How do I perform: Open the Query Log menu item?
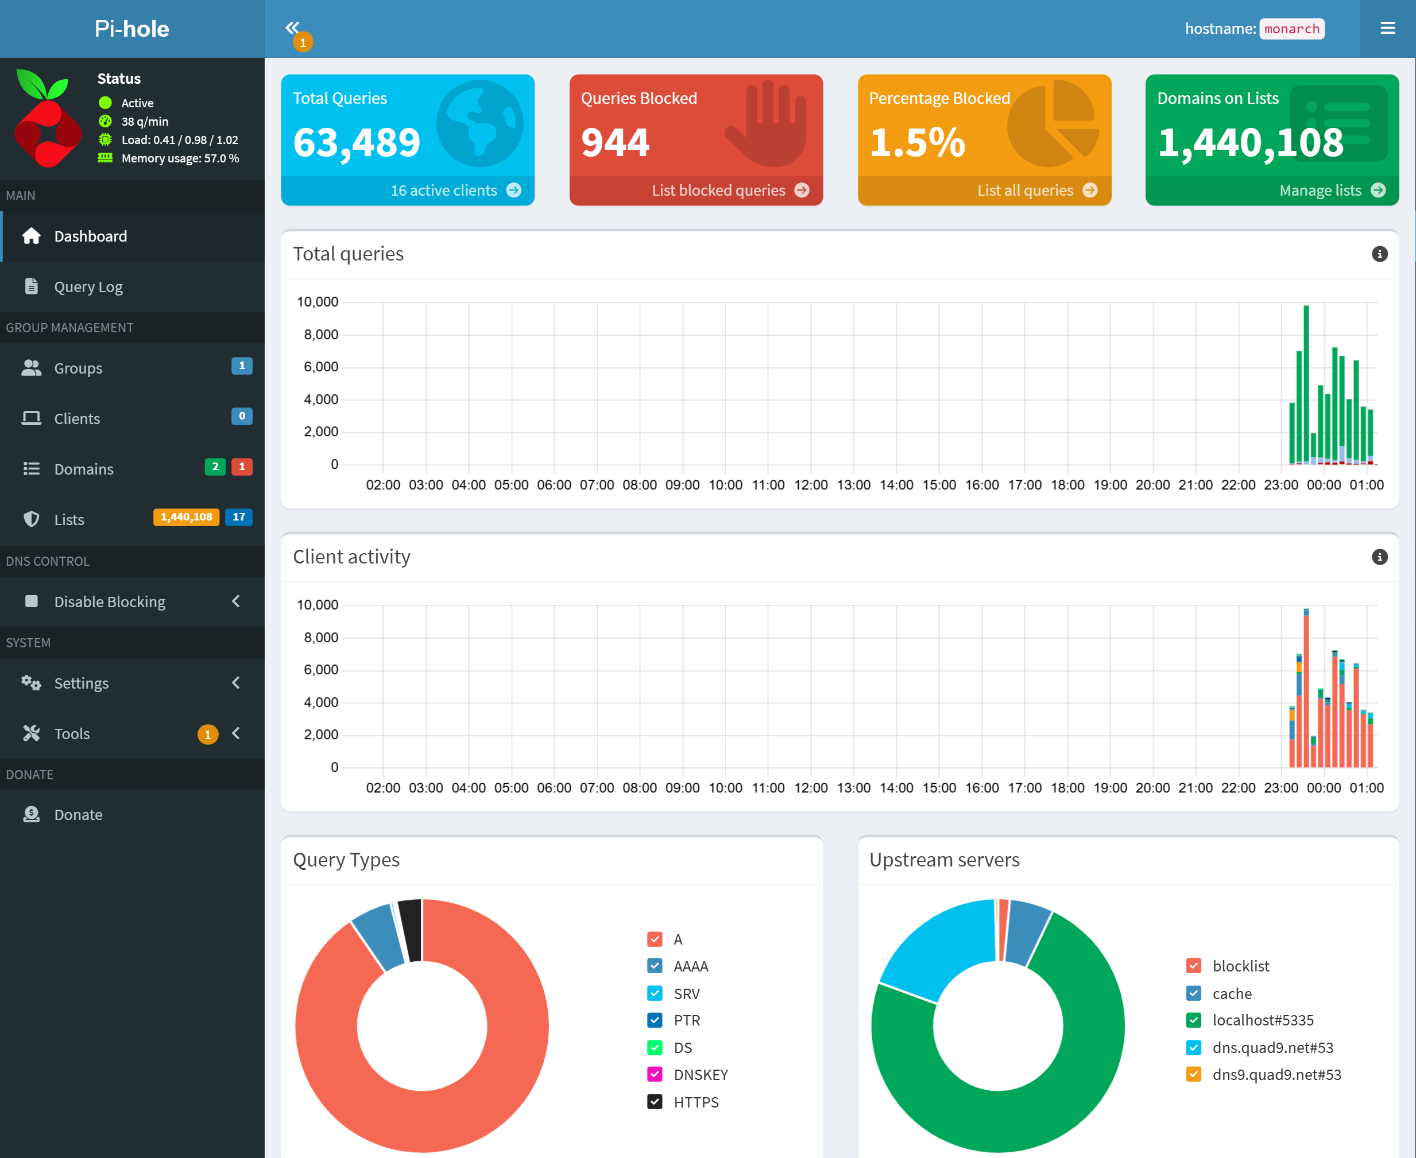pos(88,287)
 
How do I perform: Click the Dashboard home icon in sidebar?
pos(32,236)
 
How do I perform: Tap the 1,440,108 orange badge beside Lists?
pos(186,517)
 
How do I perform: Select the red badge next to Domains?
pos(242,467)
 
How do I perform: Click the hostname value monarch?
pos(1292,29)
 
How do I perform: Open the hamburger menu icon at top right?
pos(1388,28)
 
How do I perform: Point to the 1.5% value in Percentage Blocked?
pos(917,143)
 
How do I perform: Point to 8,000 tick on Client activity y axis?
pos(321,638)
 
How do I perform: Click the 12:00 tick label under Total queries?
pos(811,485)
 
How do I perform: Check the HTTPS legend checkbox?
pos(655,1102)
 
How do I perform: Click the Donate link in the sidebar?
pos(78,814)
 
